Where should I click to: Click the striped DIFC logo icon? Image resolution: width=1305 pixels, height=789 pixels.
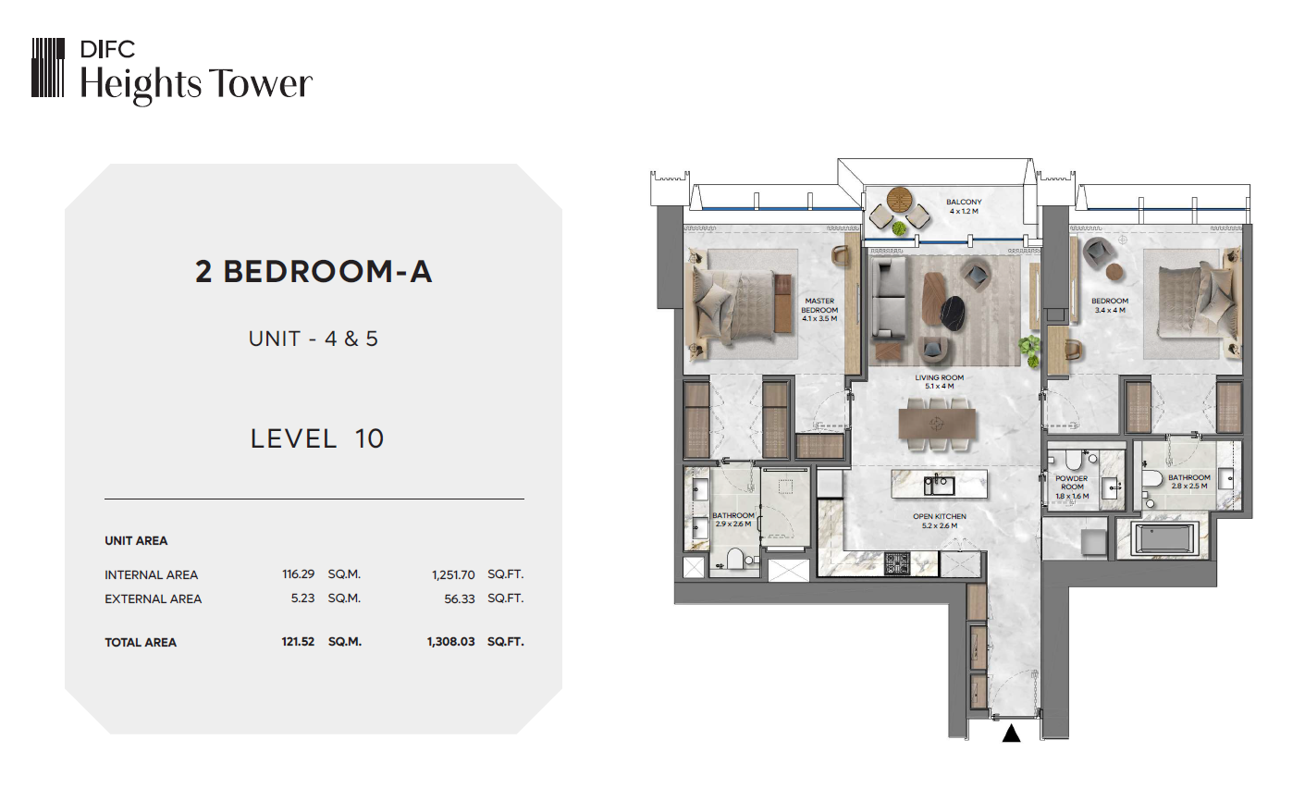pos(48,68)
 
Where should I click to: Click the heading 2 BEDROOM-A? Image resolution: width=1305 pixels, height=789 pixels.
pos(314,272)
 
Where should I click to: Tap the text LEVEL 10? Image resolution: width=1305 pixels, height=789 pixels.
pos(317,438)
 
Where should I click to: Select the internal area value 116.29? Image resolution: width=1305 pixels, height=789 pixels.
pos(299,574)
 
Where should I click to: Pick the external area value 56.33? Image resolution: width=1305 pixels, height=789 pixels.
pos(460,599)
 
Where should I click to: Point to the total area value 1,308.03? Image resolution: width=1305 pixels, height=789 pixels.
pos(451,642)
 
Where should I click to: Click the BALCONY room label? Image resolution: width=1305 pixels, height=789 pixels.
pos(964,203)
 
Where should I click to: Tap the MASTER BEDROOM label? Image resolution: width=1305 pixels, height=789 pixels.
pos(819,305)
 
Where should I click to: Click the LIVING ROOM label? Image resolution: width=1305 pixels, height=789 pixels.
pos(939,377)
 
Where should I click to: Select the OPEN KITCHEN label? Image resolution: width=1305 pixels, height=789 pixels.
pos(939,516)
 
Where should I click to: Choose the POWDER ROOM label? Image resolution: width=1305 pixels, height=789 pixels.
pos(1072,483)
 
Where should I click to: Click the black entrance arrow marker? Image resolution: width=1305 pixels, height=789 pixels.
pos(1012,734)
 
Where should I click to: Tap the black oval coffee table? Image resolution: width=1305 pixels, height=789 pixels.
pos(954,313)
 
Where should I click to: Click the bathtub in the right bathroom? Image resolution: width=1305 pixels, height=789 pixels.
pos(1164,537)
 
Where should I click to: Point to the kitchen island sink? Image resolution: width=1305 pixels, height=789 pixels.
pos(939,485)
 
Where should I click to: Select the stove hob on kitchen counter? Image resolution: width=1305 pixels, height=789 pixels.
pos(897,562)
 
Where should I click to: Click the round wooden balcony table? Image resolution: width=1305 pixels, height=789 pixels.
pos(901,199)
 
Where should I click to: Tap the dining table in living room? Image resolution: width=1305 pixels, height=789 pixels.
pos(937,424)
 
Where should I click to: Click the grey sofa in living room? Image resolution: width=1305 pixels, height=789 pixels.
pos(889,298)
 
